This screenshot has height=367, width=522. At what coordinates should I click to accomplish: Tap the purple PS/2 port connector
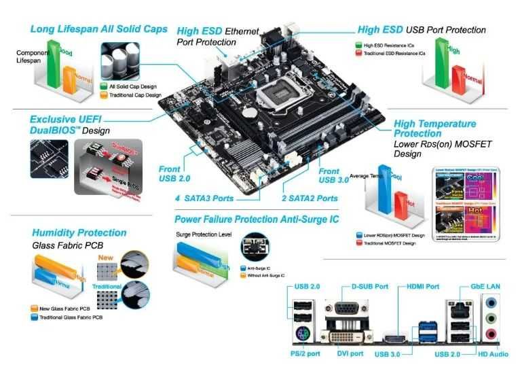pos(303,334)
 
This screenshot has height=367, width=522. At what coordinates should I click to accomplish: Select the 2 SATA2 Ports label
pos(310,198)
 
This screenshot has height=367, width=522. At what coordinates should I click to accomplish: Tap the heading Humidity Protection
pos(79,232)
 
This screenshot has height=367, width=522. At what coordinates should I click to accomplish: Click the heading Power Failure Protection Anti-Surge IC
pos(257,219)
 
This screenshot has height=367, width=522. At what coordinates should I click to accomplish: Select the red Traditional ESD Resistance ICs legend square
pos(358,52)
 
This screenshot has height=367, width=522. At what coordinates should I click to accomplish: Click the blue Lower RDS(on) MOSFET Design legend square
pos(358,235)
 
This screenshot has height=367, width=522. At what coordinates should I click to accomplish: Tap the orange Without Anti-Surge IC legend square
pos(244,275)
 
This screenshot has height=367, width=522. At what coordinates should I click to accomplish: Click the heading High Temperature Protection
pos(435,128)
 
